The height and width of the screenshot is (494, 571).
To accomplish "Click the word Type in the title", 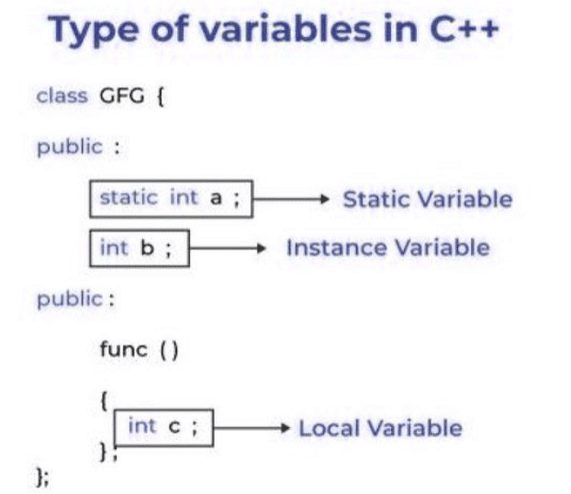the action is (94, 30).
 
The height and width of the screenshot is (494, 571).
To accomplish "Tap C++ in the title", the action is (464, 29).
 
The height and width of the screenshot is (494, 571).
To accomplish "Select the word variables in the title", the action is (285, 29).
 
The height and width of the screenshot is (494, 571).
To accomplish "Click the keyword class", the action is (62, 96).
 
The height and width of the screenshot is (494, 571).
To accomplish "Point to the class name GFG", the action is (121, 96).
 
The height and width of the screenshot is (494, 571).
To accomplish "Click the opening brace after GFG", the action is (161, 97).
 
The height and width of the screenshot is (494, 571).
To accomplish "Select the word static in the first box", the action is (129, 197).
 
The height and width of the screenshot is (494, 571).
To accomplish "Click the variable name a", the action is (216, 198).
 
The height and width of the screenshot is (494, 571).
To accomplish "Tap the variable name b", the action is (148, 248).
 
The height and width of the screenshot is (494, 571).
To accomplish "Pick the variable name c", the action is (174, 427).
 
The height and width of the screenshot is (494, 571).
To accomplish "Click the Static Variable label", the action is (428, 199).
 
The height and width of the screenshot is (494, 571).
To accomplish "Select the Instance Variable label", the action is (387, 248).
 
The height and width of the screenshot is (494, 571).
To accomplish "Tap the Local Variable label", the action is (380, 428).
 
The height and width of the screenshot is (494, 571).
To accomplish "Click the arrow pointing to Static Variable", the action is (291, 199).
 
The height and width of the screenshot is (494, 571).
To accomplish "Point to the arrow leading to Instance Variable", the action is (228, 249).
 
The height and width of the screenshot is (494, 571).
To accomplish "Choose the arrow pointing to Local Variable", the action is (252, 428).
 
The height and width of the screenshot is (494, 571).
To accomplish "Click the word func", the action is (123, 349).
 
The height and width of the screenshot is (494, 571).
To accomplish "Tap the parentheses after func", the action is (170, 351).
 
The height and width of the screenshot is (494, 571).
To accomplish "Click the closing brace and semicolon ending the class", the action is (42, 477).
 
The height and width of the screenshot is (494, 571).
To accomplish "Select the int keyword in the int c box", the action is (142, 426).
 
